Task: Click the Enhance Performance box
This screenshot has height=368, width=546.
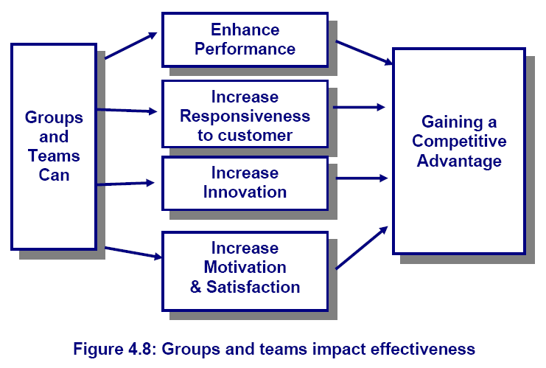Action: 245,40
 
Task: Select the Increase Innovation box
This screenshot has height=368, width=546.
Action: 245,184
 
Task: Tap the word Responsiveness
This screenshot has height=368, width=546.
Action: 245,116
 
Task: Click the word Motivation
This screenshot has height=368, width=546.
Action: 245,267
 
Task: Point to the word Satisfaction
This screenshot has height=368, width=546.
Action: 253,287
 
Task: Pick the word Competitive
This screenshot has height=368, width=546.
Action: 459,142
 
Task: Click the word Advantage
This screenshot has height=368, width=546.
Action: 459,161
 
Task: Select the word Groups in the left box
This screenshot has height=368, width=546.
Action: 54,118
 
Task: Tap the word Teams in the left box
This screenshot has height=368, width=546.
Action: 54,156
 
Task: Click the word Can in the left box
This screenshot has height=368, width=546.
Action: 54,175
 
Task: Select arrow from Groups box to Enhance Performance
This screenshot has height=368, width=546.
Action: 131,46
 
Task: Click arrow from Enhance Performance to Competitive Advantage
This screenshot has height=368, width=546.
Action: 364,52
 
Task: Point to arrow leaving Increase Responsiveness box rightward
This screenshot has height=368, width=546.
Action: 359,107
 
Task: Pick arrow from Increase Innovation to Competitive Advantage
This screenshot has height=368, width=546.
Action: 362,178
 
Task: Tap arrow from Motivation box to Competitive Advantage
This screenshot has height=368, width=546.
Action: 362,248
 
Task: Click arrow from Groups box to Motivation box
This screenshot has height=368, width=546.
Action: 133,253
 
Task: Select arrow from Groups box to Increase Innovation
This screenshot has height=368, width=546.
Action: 125,184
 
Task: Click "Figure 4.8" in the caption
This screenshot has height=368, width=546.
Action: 113,349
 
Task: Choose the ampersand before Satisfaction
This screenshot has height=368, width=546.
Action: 196,287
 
